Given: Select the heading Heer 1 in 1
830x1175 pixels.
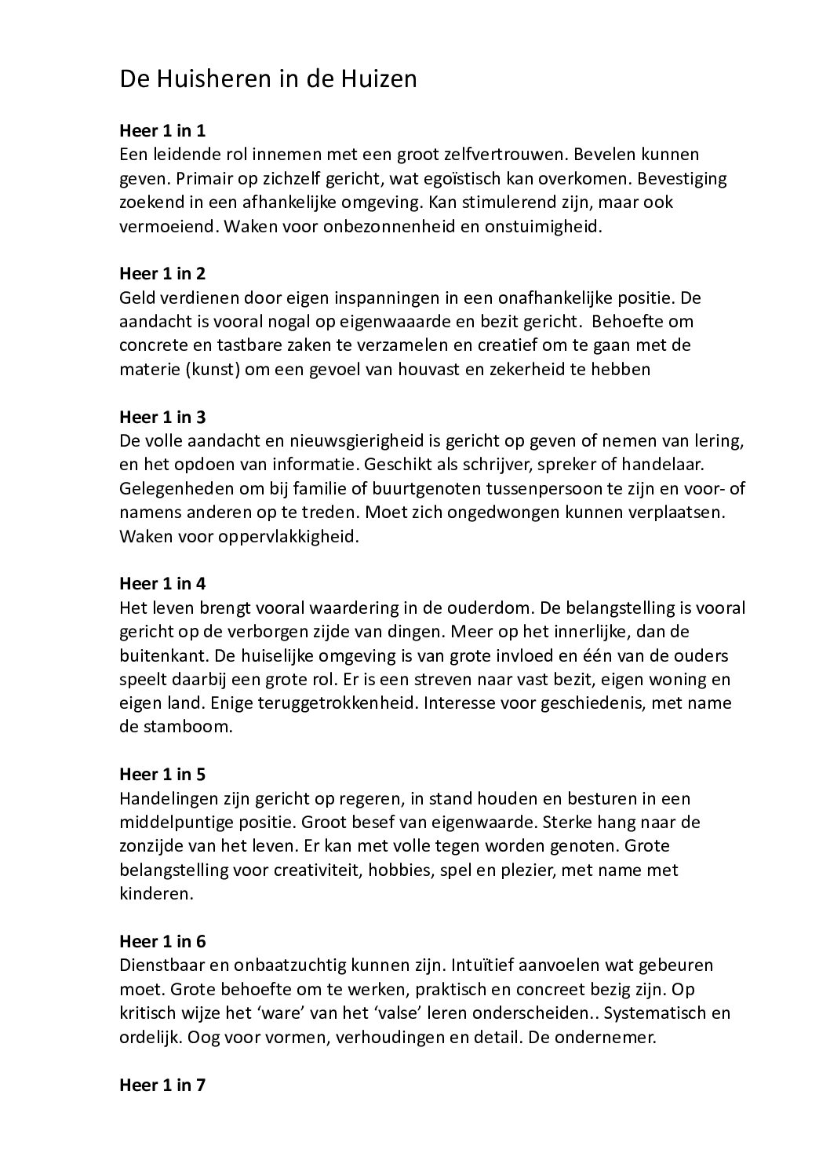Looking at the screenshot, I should [x=162, y=130].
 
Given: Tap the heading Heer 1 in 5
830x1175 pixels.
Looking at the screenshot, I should [x=162, y=774].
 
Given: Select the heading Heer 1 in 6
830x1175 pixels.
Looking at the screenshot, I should [x=162, y=940].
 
